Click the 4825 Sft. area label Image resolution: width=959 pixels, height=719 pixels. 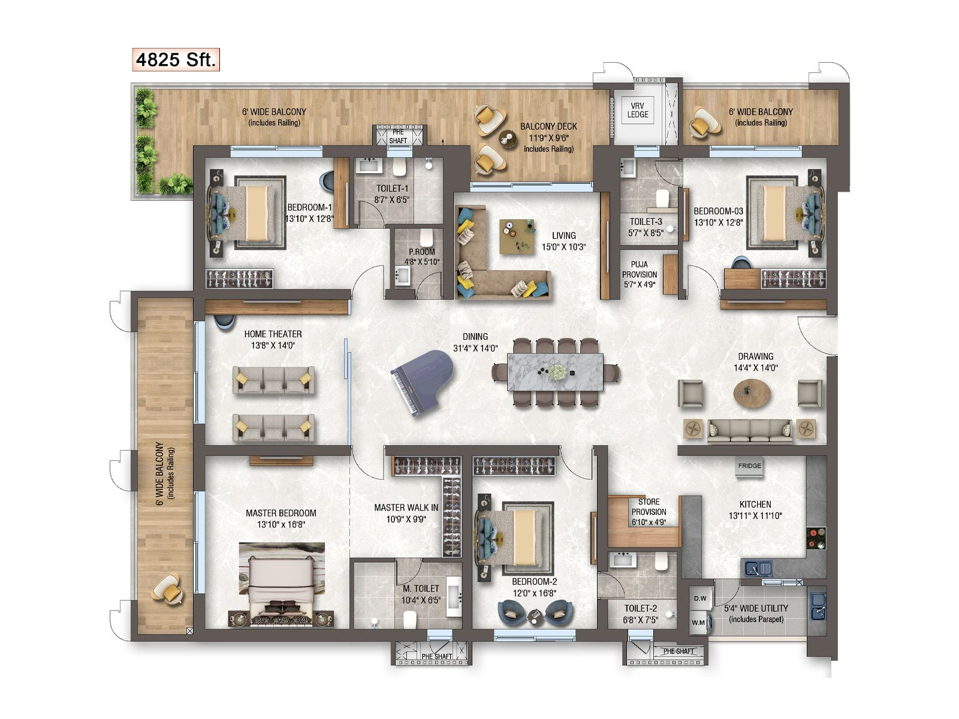pyautogui.click(x=176, y=60)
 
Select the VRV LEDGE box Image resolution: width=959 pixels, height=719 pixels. pyautogui.click(x=638, y=110)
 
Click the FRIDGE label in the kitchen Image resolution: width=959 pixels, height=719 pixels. pyautogui.click(x=749, y=466)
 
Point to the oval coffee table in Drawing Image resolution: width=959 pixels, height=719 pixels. pyautogui.click(x=752, y=394)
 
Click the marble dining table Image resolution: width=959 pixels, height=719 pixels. pyautogui.click(x=555, y=372)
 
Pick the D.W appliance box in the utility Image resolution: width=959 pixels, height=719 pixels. pyautogui.click(x=700, y=598)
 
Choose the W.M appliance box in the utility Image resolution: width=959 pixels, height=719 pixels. pyautogui.click(x=699, y=622)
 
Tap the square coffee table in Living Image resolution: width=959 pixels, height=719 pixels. pyautogui.click(x=517, y=237)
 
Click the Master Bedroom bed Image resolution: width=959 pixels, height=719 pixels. pyautogui.click(x=282, y=584)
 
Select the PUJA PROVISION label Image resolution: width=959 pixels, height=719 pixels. pyautogui.click(x=640, y=274)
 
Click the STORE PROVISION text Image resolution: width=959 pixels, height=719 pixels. pyautogui.click(x=649, y=512)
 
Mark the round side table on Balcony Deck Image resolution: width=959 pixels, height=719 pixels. pyautogui.click(x=508, y=139)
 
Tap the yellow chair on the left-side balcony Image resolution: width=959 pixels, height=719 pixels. pyautogui.click(x=167, y=589)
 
